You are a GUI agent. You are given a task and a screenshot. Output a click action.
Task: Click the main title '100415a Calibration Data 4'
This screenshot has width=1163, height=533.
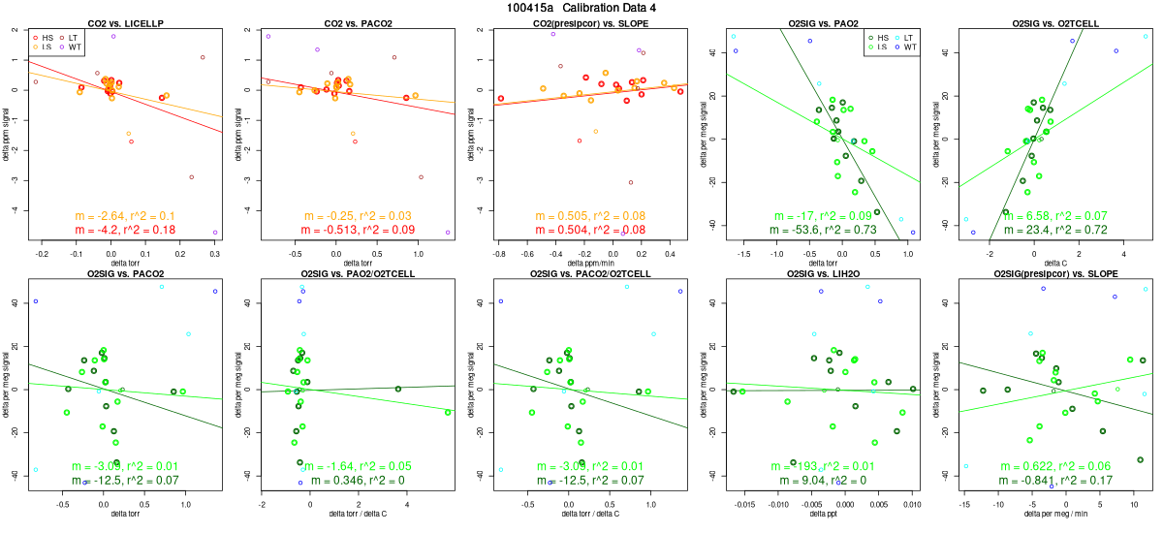pos(581,8)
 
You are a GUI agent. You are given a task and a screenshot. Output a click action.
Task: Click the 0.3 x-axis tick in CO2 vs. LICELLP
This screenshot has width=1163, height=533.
pos(214,253)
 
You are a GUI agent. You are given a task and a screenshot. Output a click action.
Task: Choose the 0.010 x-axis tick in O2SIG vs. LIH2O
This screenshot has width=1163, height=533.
pos(912,505)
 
